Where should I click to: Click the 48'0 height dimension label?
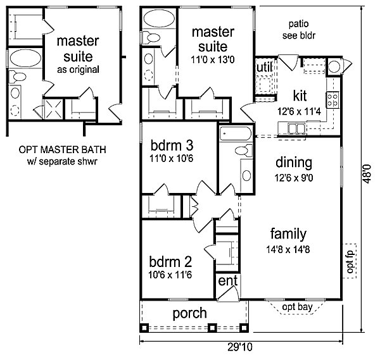pos(367,174)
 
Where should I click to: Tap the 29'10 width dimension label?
pos(240,347)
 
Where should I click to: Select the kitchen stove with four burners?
pos(332,100)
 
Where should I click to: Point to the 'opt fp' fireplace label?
pos(350,261)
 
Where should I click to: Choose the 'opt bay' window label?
pos(298,307)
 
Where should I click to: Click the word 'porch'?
pos(190,313)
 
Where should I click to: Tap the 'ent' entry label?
pos(228,280)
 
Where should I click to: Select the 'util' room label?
pos(264,67)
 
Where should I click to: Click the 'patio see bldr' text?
pos(299,30)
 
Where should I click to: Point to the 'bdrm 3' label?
pos(172,146)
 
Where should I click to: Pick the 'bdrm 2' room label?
pos(170,261)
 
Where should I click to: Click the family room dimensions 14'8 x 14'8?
pos(288,249)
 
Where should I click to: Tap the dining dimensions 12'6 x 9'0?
pos(294,178)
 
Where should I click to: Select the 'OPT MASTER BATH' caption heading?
pos(62,149)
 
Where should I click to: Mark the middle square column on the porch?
pos(212,327)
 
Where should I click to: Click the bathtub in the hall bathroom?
pos(236,133)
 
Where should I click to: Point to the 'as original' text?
pos(78,70)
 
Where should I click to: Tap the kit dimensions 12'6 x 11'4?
pos(299,111)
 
